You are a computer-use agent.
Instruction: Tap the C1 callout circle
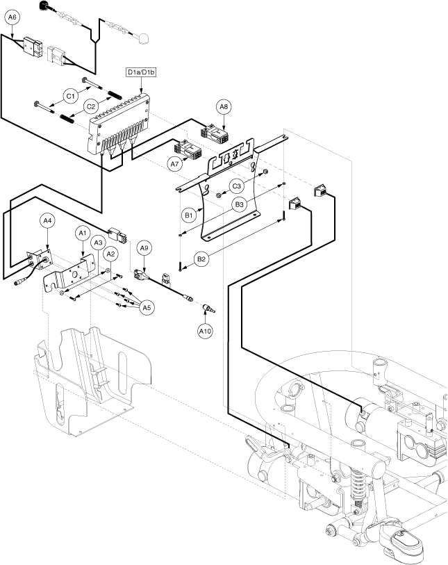(x=69, y=95)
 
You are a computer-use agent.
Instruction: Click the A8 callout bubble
(x=224, y=107)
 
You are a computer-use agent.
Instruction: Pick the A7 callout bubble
(x=175, y=163)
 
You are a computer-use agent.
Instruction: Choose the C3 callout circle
(x=238, y=186)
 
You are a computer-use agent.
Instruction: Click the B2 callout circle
(x=202, y=259)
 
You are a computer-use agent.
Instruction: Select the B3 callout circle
(x=239, y=205)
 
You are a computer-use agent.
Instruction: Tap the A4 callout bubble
(x=47, y=221)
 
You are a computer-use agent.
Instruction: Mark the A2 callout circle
(x=109, y=255)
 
